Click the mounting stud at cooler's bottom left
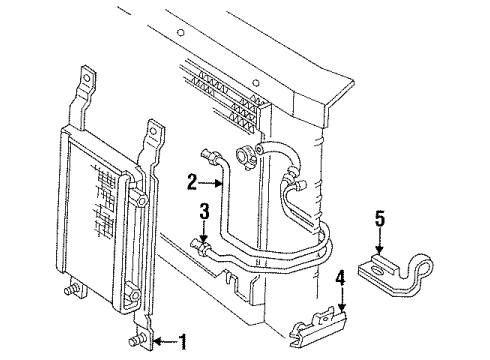pos(73,292)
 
